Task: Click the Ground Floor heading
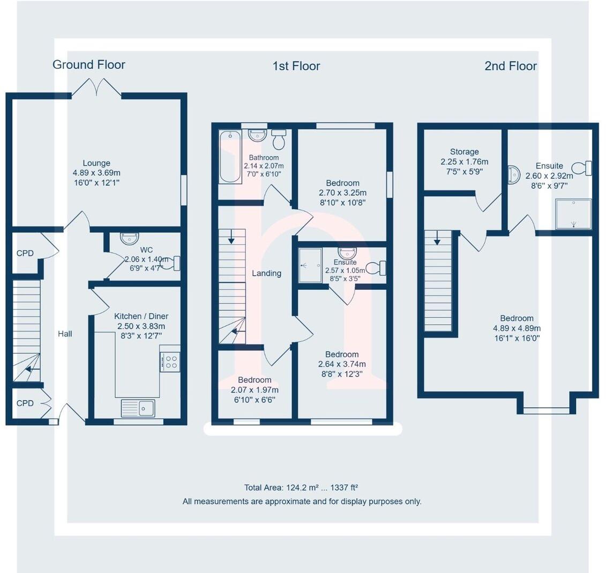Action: pos(89,65)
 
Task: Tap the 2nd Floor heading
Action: pos(510,66)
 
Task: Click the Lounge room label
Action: pos(96,163)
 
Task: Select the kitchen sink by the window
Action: pos(138,408)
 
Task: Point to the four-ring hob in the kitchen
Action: pos(170,359)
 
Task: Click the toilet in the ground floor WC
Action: pos(170,263)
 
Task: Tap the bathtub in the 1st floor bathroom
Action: pos(230,157)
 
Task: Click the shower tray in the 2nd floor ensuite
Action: pos(573,214)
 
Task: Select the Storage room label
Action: pos(464,152)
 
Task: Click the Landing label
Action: pos(266,273)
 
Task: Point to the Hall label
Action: pos(65,334)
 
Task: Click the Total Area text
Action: pos(301,488)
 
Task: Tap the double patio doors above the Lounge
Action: pos(97,87)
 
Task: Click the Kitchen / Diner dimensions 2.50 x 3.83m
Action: pos(141,326)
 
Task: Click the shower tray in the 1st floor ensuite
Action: pos(310,265)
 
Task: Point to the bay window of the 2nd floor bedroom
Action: pos(546,410)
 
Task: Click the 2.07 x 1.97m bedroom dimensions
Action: pos(255,390)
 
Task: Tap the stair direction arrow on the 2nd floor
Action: pos(438,240)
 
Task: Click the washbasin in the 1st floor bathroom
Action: pos(258,135)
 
